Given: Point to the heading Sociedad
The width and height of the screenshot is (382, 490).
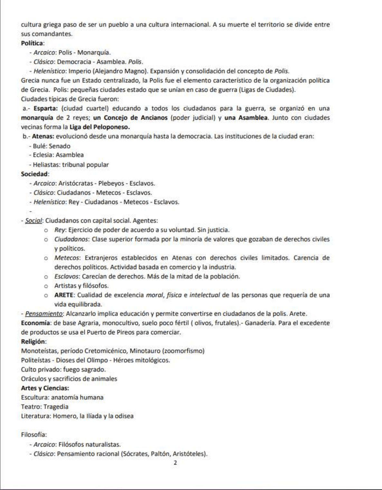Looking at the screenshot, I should (34, 174).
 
